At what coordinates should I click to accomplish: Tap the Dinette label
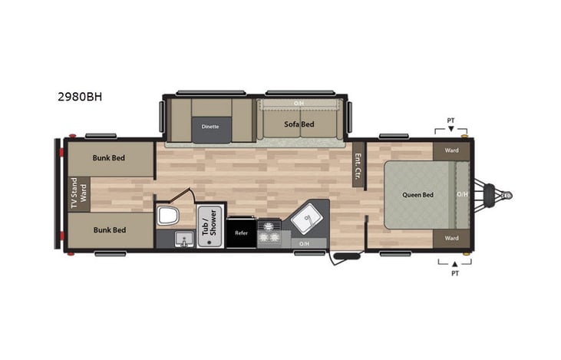pyautogui.click(x=210, y=126)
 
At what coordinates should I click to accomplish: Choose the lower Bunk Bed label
pyautogui.click(x=109, y=230)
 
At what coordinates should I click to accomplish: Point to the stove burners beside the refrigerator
pyautogui.click(x=269, y=234)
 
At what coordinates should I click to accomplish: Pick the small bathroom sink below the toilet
pyautogui.click(x=183, y=241)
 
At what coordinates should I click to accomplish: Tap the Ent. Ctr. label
pyautogui.click(x=358, y=167)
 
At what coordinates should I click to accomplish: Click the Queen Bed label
pyautogui.click(x=417, y=194)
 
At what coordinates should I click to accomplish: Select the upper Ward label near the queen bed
pyautogui.click(x=451, y=150)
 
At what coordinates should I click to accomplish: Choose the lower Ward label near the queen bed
pyautogui.click(x=451, y=238)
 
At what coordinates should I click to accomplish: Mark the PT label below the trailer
pyautogui.click(x=454, y=272)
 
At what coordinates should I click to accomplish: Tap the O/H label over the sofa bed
pyautogui.click(x=299, y=103)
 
